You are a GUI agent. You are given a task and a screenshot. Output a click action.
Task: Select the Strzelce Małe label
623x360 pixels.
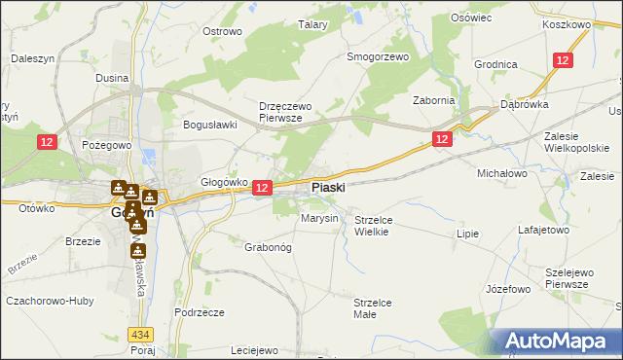pyautogui.click(x=373, y=308)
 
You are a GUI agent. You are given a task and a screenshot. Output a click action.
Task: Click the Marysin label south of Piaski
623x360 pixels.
pyautogui.click(x=319, y=219)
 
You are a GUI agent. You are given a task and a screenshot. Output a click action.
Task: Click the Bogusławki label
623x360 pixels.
pyautogui.click(x=211, y=125)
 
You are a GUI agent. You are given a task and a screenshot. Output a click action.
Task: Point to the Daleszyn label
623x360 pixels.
pyautogui.click(x=31, y=58)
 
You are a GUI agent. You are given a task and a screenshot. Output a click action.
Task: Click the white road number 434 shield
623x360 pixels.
pyautogui.click(x=141, y=335)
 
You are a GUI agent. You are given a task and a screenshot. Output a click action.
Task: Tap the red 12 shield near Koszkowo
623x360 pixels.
pyautogui.click(x=563, y=60)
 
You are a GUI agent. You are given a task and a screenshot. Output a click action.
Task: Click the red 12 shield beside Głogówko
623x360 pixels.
pyautogui.click(x=261, y=187)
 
